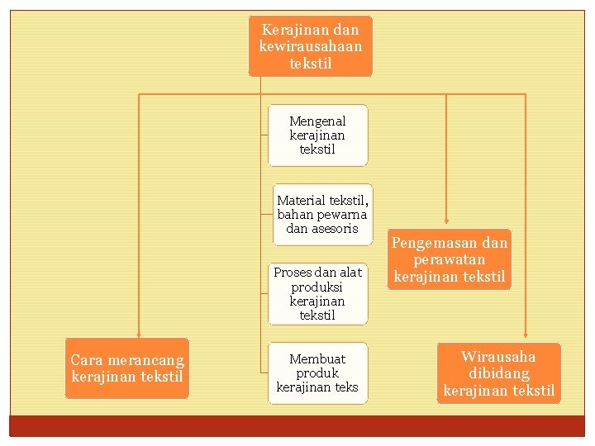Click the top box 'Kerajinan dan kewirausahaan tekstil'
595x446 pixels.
coord(310,46)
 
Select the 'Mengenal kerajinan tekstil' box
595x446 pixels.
coord(317,135)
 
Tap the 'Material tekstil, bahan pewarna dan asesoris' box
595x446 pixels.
coord(322,214)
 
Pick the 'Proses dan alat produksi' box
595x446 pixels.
coord(317,293)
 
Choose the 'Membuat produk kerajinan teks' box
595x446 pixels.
coord(317,372)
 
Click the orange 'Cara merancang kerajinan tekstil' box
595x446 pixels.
coord(127,368)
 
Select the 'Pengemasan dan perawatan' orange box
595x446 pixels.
coord(449,259)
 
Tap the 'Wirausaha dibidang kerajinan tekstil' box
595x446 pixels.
coord(498,373)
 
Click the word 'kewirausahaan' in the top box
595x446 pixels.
coord(310,46)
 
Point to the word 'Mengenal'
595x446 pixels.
coord(317,121)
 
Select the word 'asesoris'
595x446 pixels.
coord(335,229)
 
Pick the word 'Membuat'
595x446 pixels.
coord(317,359)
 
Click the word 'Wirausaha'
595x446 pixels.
coord(498,357)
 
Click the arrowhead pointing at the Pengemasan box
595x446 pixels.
coord(446,223)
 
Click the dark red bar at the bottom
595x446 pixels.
coord(297,425)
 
